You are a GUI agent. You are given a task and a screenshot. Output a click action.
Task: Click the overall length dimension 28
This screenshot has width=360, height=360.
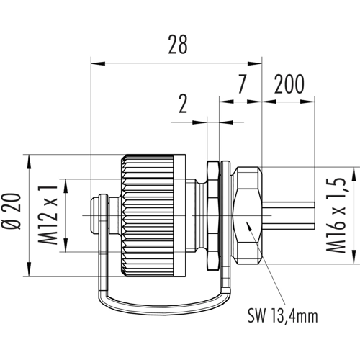pos(178,45)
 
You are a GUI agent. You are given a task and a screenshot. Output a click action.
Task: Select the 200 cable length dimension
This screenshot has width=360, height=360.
pos(289,84)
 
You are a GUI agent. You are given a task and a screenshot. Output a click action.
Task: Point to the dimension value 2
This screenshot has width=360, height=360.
pos(183,104)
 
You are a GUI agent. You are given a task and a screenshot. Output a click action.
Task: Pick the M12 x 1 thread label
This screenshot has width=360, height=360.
pos(49,215)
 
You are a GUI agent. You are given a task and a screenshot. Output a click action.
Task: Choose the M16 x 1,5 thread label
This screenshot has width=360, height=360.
pos(336,215)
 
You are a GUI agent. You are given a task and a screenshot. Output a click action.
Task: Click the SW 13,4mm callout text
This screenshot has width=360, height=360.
pos(283,316)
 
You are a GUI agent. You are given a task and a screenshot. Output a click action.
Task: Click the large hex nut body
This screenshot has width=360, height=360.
pos(247,215)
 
